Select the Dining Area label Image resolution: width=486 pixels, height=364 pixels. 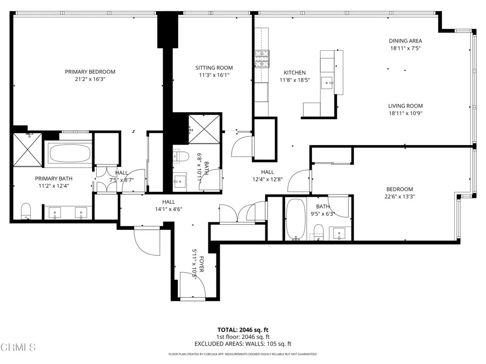click(405, 41)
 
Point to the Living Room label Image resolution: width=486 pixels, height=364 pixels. click(405, 106)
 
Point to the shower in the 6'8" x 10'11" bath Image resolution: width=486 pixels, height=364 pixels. click(205, 128)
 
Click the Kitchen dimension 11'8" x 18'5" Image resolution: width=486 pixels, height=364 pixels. click(294, 80)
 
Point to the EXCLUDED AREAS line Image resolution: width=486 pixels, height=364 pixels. click(243, 344)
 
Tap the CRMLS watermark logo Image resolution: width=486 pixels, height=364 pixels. click(18, 348)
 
